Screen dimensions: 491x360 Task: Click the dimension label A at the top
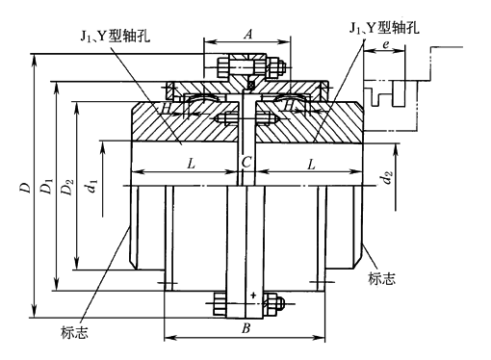pyautogui.click(x=247, y=34)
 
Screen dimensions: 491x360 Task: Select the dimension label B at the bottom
pyautogui.click(x=245, y=328)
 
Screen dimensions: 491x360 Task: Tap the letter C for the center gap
pyautogui.click(x=246, y=163)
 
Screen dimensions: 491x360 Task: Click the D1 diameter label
pyautogui.click(x=47, y=187)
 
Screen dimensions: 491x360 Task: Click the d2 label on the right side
pyautogui.click(x=388, y=178)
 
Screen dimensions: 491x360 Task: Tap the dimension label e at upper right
pyautogui.click(x=385, y=44)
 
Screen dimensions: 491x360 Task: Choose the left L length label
pyautogui.click(x=192, y=165)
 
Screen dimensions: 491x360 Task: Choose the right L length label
pyautogui.click(x=311, y=165)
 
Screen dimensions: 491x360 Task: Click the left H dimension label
pyautogui.click(x=167, y=108)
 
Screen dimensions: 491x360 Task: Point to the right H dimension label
pyautogui.click(x=290, y=104)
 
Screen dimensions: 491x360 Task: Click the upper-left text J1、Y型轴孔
pyautogui.click(x=116, y=37)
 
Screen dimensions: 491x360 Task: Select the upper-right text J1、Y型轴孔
pyautogui.click(x=384, y=28)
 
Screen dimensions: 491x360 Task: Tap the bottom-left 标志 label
pyautogui.click(x=74, y=333)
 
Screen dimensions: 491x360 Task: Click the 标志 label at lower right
pyautogui.click(x=381, y=278)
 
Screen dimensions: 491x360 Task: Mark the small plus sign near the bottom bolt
pyautogui.click(x=253, y=295)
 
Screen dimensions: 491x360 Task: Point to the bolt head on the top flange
pyautogui.click(x=222, y=67)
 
